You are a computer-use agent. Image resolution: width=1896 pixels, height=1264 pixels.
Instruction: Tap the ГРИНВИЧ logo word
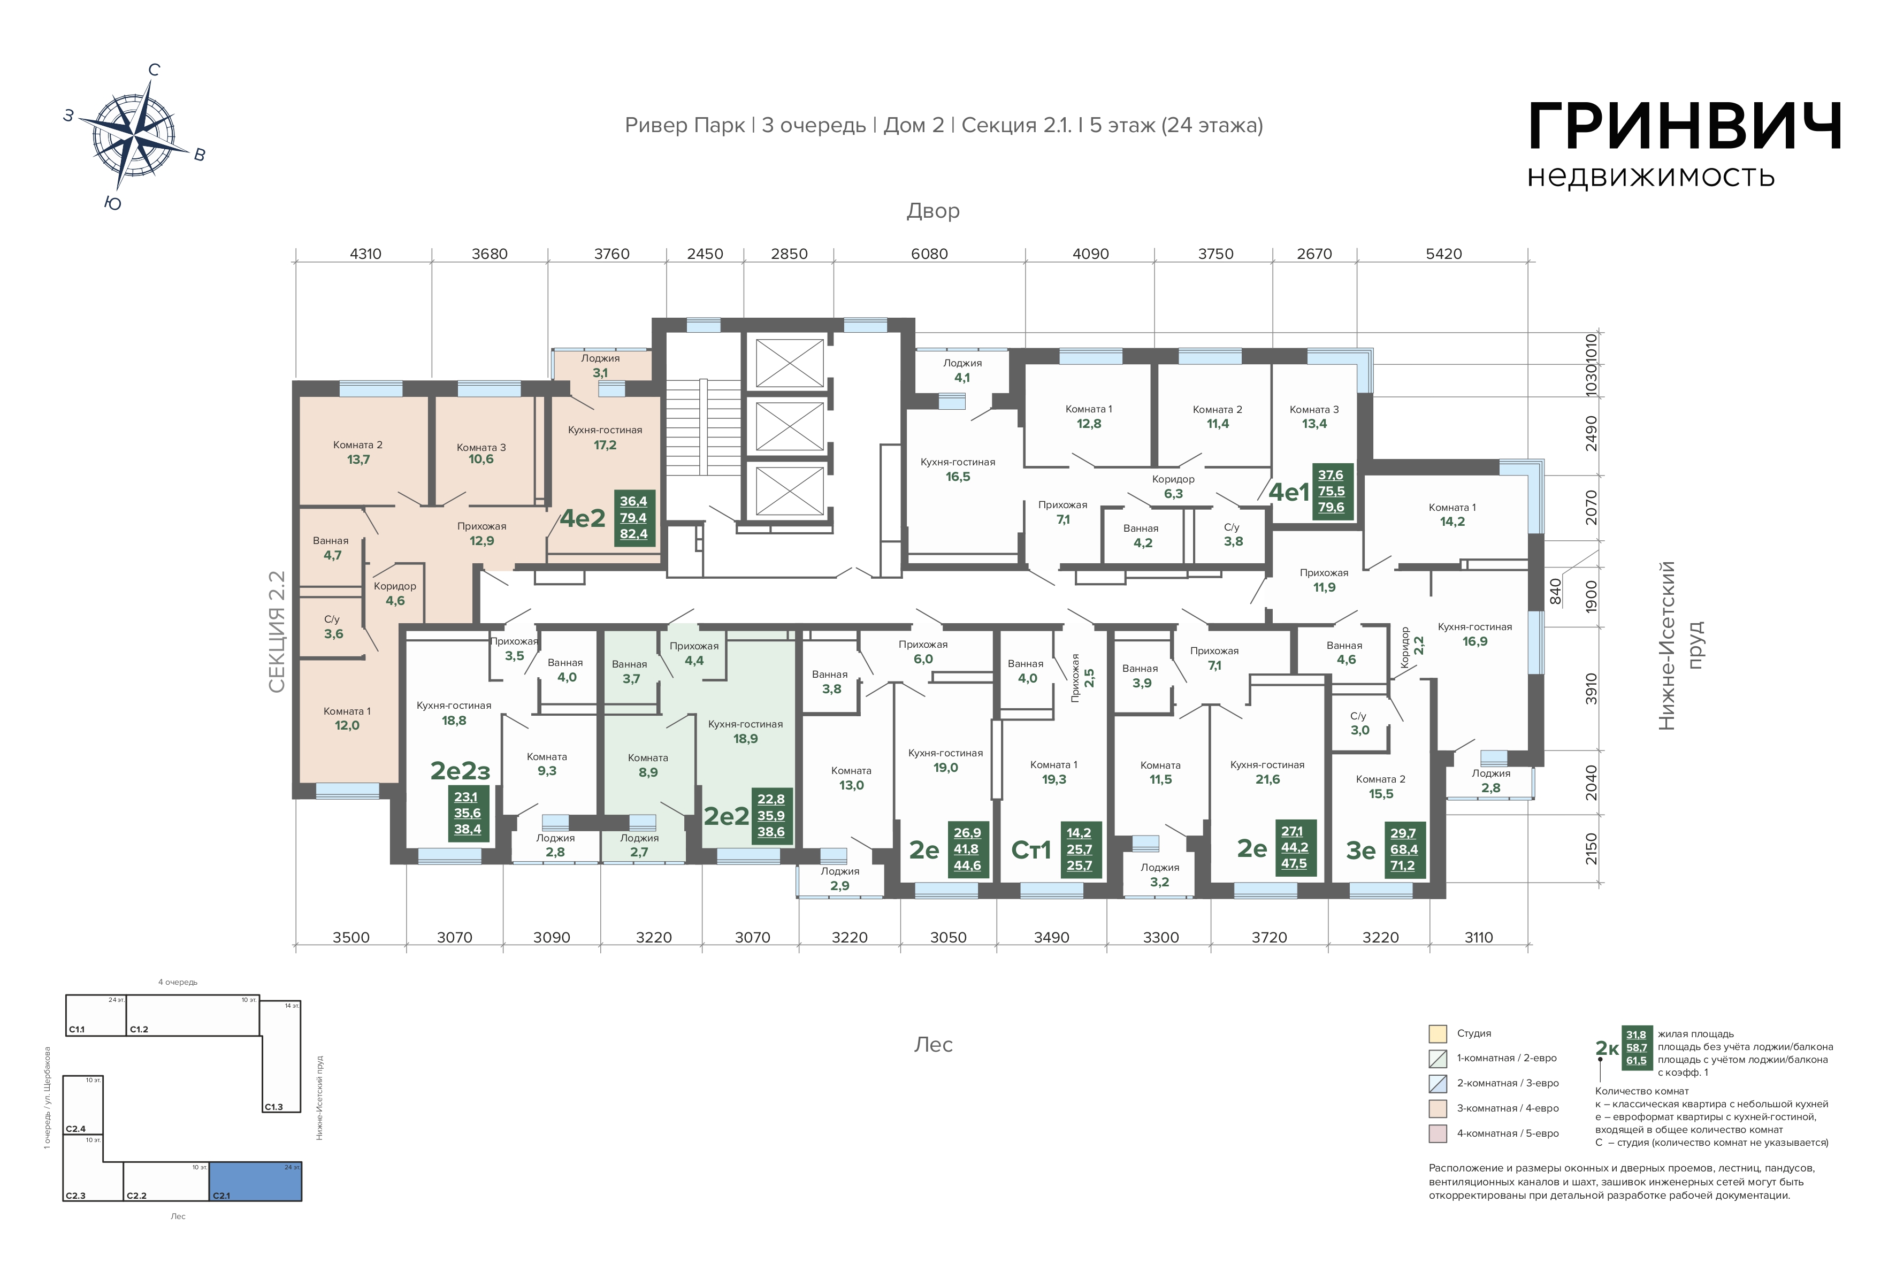tap(1685, 127)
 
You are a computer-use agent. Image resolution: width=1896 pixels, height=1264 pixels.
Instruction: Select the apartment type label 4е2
tap(582, 518)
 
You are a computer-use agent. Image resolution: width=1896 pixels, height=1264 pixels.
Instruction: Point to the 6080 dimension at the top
tap(929, 254)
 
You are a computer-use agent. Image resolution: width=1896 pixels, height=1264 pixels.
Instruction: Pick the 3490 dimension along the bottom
tap(1051, 938)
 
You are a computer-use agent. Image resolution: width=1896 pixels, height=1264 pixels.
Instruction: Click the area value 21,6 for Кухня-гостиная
tap(1267, 779)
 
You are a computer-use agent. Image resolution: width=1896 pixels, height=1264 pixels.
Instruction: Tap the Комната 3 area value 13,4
tap(1314, 424)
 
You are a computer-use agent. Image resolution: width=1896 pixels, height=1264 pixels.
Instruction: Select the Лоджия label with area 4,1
tap(962, 371)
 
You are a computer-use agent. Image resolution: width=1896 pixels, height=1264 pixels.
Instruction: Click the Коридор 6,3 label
tap(1173, 486)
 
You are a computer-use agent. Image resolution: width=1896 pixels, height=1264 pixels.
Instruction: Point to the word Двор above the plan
tap(932, 211)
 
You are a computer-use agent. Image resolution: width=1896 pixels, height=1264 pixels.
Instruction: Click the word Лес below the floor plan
tap(934, 1045)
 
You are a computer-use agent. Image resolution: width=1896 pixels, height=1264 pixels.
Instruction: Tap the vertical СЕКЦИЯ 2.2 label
tap(277, 632)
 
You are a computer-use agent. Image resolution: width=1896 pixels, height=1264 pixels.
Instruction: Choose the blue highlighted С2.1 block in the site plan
tap(256, 1182)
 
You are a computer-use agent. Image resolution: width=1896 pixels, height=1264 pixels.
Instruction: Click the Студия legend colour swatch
tap(1438, 1033)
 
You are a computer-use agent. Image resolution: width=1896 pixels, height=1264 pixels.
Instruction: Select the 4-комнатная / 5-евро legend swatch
tap(1438, 1133)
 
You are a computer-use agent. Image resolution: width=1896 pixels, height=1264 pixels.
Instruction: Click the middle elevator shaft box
tap(789, 426)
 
